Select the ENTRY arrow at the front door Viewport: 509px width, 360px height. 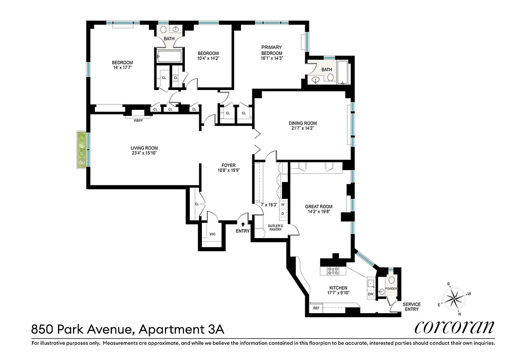point(243,223)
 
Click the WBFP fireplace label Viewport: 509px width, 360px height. point(138,120)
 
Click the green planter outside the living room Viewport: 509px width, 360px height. point(82,150)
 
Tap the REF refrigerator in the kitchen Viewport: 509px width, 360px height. point(316,308)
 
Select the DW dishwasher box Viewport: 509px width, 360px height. point(371,294)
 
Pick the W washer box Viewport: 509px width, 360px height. point(283,204)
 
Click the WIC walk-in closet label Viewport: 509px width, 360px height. point(212,234)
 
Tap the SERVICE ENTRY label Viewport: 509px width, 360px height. point(411,307)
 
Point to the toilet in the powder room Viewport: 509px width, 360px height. point(391,280)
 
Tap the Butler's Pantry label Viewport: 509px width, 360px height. point(275,227)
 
